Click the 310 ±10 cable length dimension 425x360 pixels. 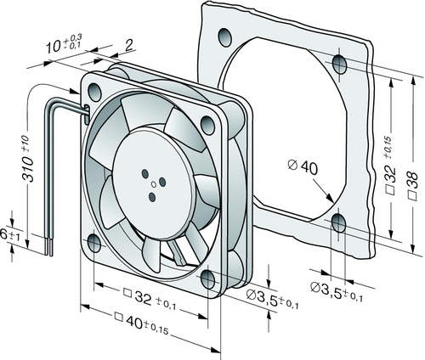click(28, 159)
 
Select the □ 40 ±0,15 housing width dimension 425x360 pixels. click(141, 323)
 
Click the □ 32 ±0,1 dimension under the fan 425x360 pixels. click(150, 299)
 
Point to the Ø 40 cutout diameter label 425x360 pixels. click(303, 167)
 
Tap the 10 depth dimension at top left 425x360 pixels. click(64, 43)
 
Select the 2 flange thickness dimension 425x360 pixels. click(129, 45)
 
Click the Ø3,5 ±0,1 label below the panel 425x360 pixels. click(337, 291)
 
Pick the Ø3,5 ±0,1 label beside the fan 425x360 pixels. click(272, 299)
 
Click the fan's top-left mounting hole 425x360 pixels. click(94, 92)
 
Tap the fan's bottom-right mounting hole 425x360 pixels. click(207, 279)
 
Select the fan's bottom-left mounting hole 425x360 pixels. click(94, 243)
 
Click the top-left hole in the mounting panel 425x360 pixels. click(225, 37)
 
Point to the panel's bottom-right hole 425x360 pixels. click(339, 223)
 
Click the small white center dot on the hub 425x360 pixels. click(154, 184)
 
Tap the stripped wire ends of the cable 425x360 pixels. click(48, 247)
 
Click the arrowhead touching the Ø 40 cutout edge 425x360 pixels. click(329, 198)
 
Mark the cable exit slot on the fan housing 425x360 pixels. click(87, 115)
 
